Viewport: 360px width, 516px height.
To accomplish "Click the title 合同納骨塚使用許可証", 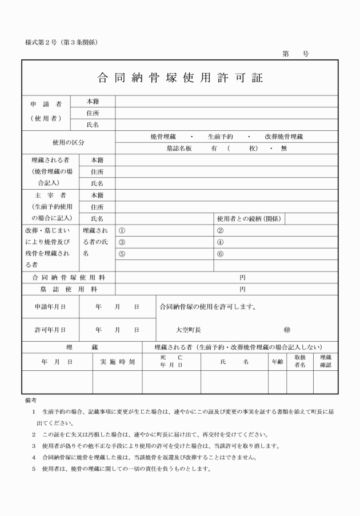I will [x=180, y=78].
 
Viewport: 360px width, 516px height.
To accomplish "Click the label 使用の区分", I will [x=68, y=142].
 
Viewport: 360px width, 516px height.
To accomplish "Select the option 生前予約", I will [x=221, y=137].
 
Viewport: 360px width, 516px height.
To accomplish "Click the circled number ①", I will [x=121, y=230].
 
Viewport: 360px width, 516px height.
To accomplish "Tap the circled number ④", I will [x=220, y=242].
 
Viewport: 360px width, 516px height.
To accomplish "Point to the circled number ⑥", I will [x=220, y=253].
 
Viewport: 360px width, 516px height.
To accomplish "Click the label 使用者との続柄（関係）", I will [x=249, y=218].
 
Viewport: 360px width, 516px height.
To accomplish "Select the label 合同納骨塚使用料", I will [x=68, y=278].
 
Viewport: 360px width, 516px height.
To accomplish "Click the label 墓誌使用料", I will [x=68, y=289].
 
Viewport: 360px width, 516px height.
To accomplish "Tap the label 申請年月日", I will [x=50, y=307].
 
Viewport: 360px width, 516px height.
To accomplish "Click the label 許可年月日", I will [x=50, y=330].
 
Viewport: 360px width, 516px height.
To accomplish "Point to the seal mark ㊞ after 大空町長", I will [x=287, y=330].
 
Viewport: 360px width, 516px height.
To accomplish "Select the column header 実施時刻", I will [x=117, y=362].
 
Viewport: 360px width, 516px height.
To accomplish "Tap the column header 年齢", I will [x=277, y=362].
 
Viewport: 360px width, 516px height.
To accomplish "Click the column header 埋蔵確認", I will [x=325, y=361].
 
